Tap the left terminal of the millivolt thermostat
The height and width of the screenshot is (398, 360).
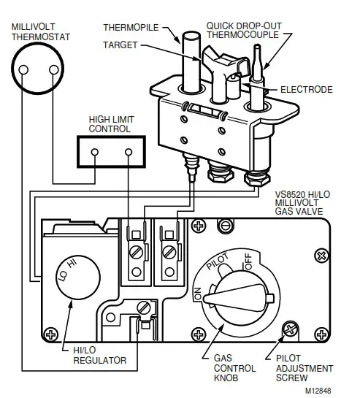pos(24,72)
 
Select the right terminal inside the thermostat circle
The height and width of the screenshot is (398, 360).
pos(53,72)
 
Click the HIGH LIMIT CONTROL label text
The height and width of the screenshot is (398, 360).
pos(110,124)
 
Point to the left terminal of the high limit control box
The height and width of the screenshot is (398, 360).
pos(95,153)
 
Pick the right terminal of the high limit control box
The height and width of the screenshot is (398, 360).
pos(129,153)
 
